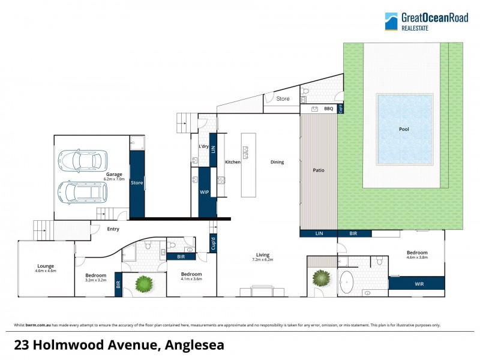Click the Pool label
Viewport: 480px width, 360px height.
point(404,129)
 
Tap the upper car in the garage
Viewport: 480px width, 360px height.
point(82,160)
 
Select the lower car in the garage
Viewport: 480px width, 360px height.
point(82,192)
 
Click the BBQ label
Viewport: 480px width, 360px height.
point(328,109)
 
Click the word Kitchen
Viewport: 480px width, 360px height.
point(232,162)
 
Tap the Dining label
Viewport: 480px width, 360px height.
point(277,162)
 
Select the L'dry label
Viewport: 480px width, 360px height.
point(203,146)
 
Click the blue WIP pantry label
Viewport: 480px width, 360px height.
point(203,193)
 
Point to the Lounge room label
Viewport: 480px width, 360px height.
point(46,266)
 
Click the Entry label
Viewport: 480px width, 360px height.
point(113,229)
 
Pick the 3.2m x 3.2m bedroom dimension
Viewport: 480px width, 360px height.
point(95,280)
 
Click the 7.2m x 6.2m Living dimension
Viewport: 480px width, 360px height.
point(262,260)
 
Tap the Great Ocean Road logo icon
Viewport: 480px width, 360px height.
point(391,21)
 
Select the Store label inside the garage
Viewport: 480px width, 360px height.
point(137,182)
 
